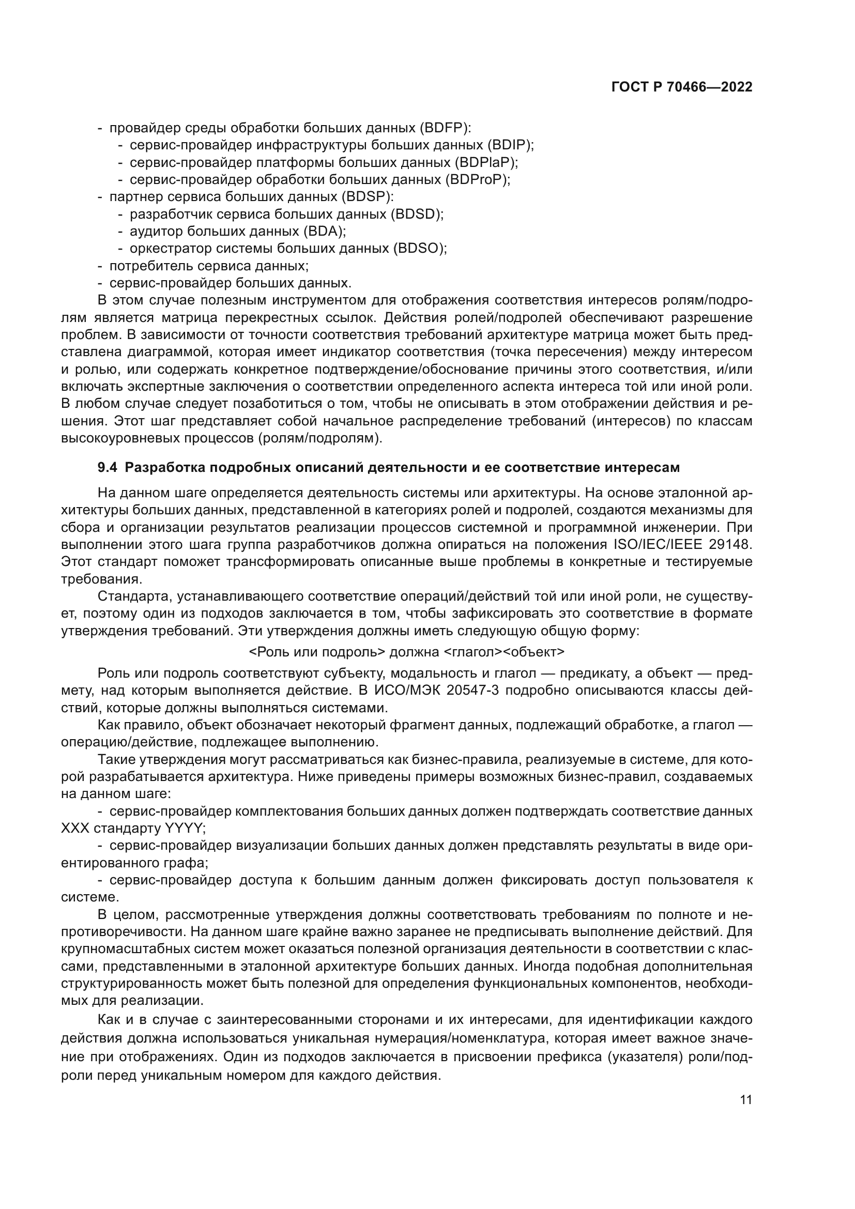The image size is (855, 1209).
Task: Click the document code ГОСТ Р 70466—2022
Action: click(x=682, y=87)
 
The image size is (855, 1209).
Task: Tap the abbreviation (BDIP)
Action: click(x=510, y=145)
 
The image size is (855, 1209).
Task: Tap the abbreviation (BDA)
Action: click(x=324, y=231)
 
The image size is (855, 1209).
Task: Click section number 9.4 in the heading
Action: click(x=107, y=468)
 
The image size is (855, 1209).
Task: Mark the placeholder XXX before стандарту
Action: click(x=75, y=828)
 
